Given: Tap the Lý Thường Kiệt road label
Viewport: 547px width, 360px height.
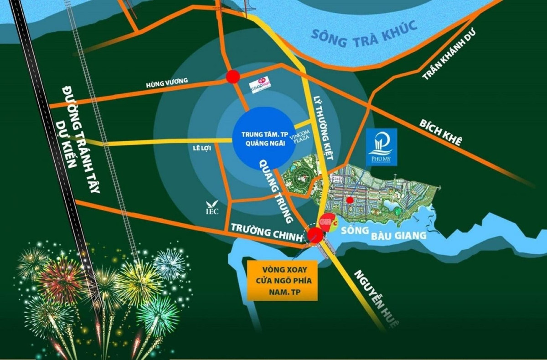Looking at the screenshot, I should (324, 128).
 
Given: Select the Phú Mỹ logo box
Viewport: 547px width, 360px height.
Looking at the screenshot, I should (382, 147).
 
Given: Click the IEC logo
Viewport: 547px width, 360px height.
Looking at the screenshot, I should (212, 208).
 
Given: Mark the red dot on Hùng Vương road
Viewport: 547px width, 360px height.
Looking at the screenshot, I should (233, 77).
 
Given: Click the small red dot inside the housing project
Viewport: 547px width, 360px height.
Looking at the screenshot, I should (350, 200).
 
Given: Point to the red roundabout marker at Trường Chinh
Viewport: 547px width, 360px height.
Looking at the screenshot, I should (315, 235).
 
